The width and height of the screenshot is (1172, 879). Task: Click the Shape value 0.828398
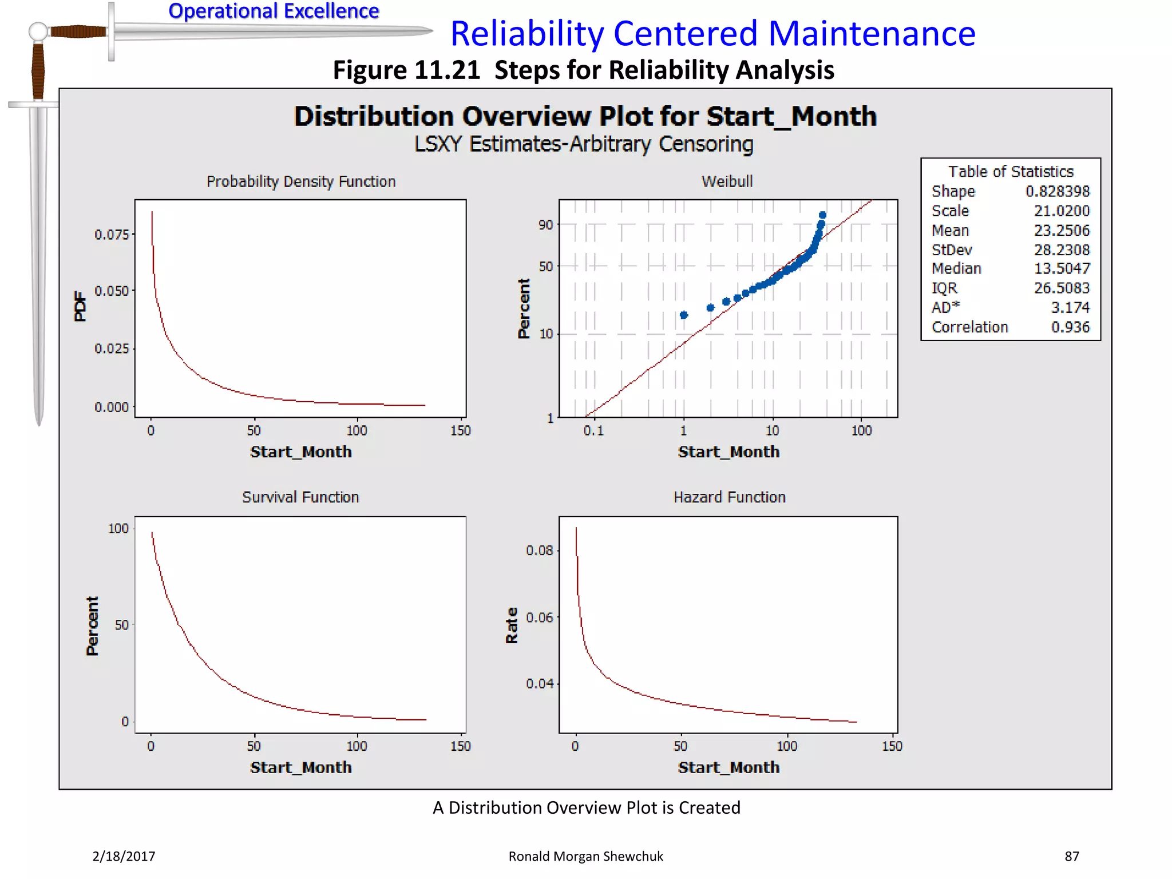[1057, 191]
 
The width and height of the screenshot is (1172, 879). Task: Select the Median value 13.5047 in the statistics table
[1062, 268]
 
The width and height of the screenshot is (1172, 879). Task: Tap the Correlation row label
[969, 327]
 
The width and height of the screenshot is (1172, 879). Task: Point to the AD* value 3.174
[1070, 308]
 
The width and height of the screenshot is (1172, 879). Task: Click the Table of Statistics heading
[1010, 172]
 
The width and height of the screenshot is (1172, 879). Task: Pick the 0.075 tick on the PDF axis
[112, 235]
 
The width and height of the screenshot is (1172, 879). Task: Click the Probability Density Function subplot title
[301, 181]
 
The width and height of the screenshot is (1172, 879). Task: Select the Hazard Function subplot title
[729, 497]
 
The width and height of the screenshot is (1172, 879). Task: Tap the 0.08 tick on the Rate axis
[539, 551]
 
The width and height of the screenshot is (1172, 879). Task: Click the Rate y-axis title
[512, 625]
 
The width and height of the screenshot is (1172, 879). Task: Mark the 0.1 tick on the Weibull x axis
[593, 430]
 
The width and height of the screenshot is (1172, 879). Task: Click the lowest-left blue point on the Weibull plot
[683, 315]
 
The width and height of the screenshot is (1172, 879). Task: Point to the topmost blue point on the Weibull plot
[822, 215]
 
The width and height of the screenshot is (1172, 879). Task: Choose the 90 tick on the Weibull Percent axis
[545, 225]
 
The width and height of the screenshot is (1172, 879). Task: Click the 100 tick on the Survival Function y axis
[118, 528]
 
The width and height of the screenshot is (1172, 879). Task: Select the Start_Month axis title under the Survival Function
[300, 767]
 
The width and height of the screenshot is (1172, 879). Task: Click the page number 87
[1071, 856]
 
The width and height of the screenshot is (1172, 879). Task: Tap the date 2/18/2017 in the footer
[124, 856]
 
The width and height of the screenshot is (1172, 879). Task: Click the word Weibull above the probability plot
[727, 181]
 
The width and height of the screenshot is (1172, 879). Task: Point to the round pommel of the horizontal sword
[38, 31]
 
